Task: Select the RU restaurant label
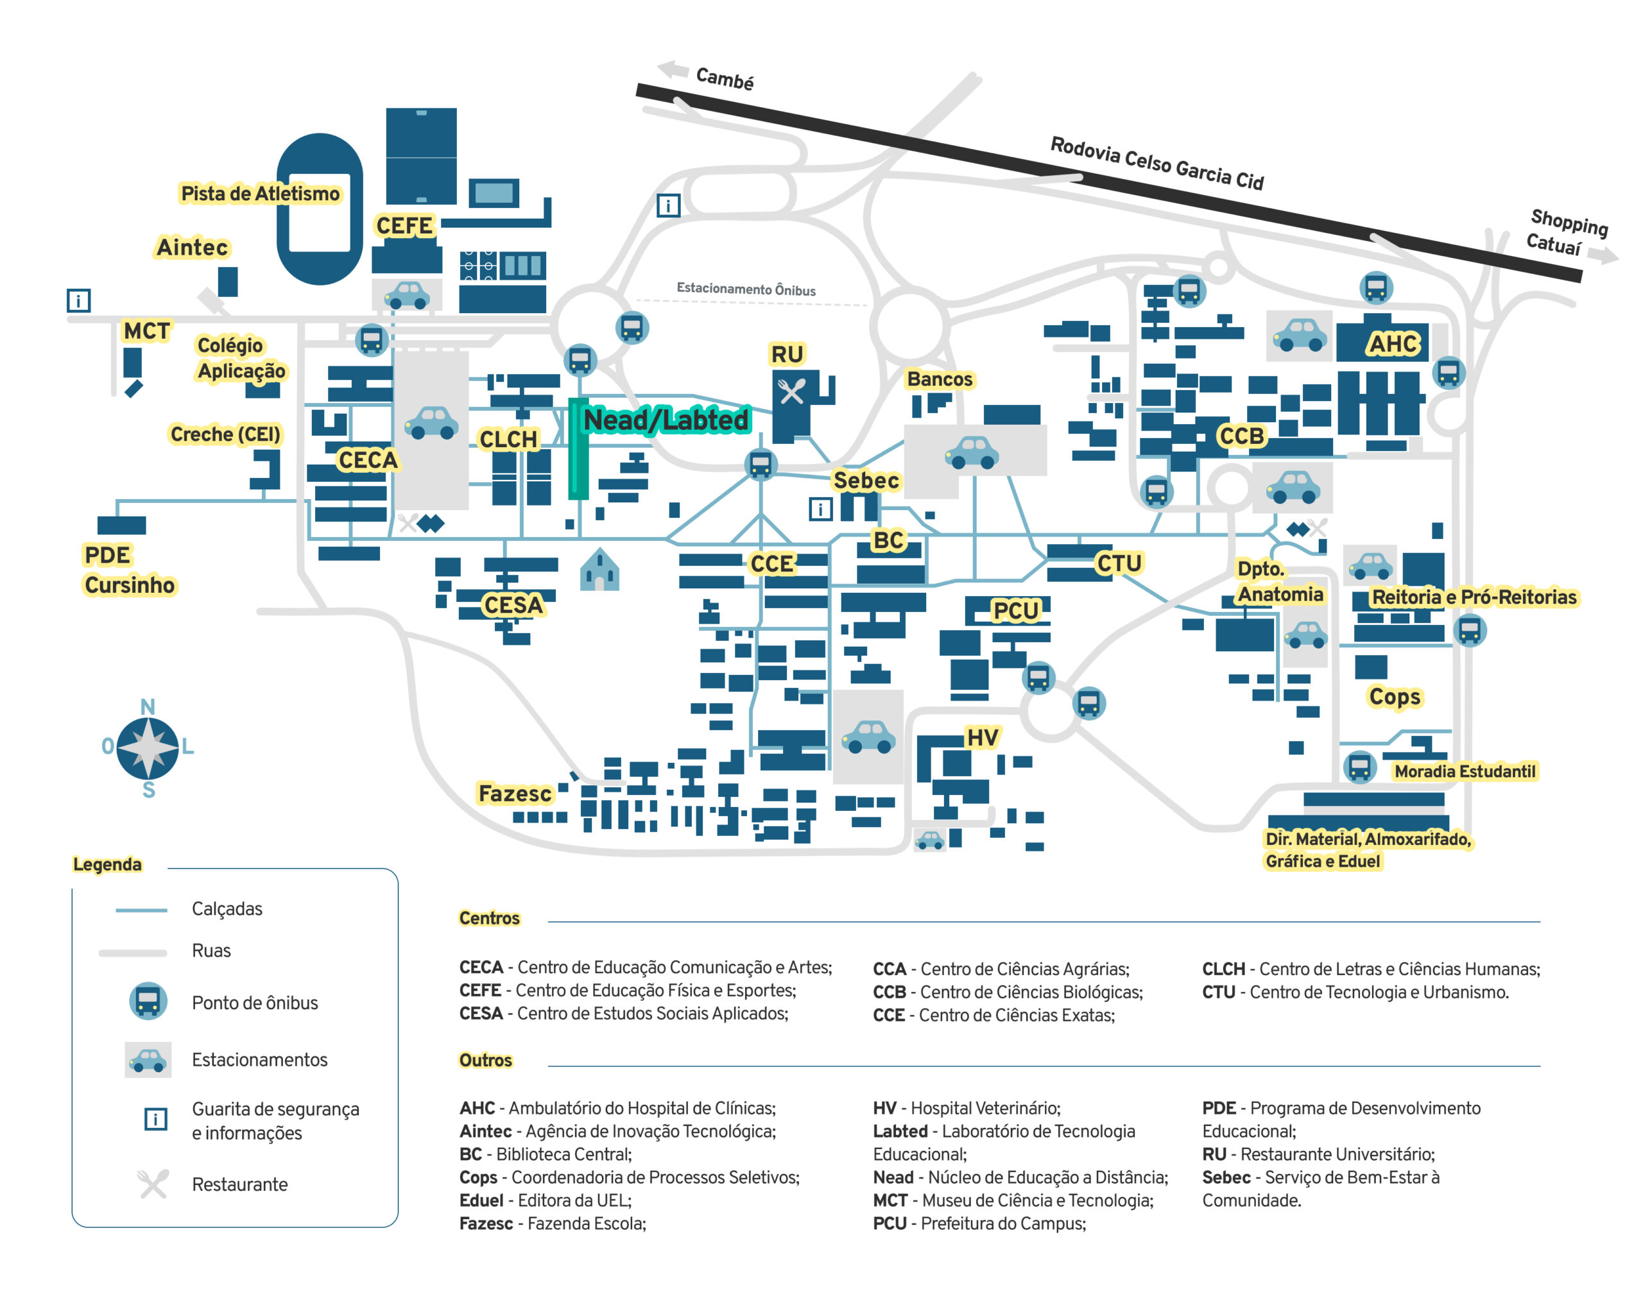[786, 354]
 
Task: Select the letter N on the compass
[148, 706]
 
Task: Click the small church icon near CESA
[599, 570]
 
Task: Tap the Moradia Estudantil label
[1464, 771]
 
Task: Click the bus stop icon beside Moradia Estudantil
[1359, 767]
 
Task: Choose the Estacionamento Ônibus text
[745, 289]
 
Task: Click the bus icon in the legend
[148, 1001]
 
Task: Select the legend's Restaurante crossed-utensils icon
[153, 1184]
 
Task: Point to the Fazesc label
[515, 794]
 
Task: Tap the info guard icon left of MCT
[78, 300]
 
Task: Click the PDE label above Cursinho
[107, 555]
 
